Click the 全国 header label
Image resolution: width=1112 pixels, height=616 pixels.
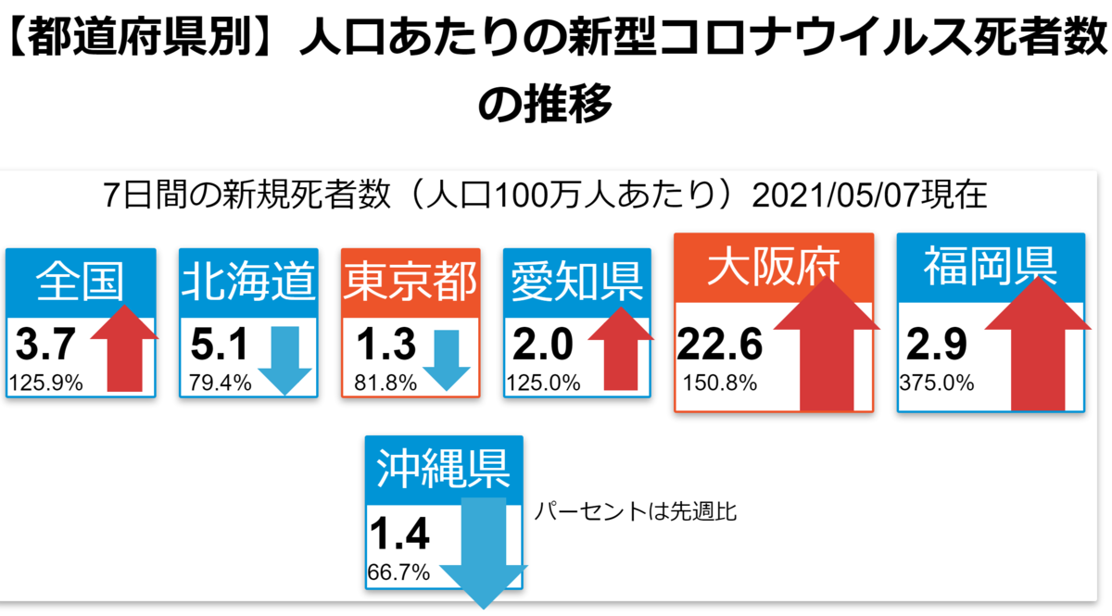80,282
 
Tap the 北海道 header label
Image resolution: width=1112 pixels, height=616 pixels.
248,282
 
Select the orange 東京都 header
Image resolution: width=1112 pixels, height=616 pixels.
411,282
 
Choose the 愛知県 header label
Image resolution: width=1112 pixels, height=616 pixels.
576,282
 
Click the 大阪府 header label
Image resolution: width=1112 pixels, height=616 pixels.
774,267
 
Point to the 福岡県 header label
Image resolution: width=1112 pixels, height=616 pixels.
991,267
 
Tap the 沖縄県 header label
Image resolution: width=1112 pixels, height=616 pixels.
443,469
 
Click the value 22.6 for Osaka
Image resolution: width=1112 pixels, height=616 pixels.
719,344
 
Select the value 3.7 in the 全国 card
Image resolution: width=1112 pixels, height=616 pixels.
45,344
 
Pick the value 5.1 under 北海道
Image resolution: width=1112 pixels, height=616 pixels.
219,344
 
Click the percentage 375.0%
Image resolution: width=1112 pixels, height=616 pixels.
937,383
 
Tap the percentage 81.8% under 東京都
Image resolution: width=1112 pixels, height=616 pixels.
385,383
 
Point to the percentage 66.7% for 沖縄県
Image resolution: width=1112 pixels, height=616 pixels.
398,572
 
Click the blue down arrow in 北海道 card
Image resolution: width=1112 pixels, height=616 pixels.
285,360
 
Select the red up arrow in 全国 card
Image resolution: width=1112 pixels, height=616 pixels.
124,348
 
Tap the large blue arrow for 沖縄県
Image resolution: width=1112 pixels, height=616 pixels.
484,553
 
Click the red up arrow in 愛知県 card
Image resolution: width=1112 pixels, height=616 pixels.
621,348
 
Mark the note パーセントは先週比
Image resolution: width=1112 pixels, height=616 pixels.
636,511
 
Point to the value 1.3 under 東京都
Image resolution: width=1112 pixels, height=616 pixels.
386,344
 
